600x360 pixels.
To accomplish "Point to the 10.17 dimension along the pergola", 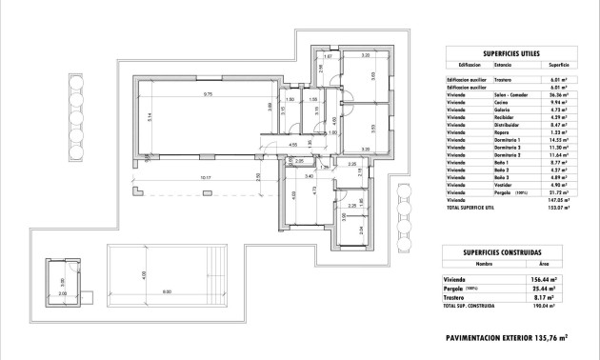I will tap(206, 177).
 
